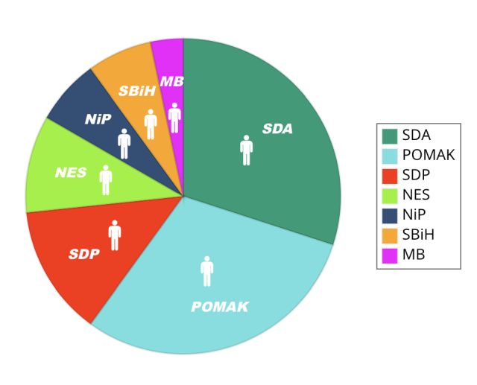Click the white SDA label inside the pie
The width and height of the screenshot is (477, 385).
[x=277, y=129]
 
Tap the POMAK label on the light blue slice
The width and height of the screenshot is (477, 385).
[x=220, y=307]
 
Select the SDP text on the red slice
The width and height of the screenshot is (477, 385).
[x=84, y=254]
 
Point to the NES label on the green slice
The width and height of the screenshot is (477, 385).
[x=71, y=173]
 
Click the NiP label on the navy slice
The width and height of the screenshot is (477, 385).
[x=98, y=119]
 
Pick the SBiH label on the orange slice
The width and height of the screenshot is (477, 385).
[x=137, y=91]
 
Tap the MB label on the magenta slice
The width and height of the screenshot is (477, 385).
[x=172, y=81]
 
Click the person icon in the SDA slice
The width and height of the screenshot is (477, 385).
[x=247, y=150]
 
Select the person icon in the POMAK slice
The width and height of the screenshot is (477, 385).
[x=207, y=271]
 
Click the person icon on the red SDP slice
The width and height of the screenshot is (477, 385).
[x=115, y=235]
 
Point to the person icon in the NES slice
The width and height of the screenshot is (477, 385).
[x=106, y=179]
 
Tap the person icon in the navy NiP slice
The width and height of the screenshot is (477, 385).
[x=124, y=143]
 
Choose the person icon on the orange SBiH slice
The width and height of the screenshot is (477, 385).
[x=151, y=124]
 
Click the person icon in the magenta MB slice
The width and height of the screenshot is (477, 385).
[x=174, y=118]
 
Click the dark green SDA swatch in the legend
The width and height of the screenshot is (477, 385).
[x=390, y=136]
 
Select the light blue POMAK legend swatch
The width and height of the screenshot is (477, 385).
[x=390, y=156]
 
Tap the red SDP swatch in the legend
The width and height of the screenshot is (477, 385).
[x=390, y=176]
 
